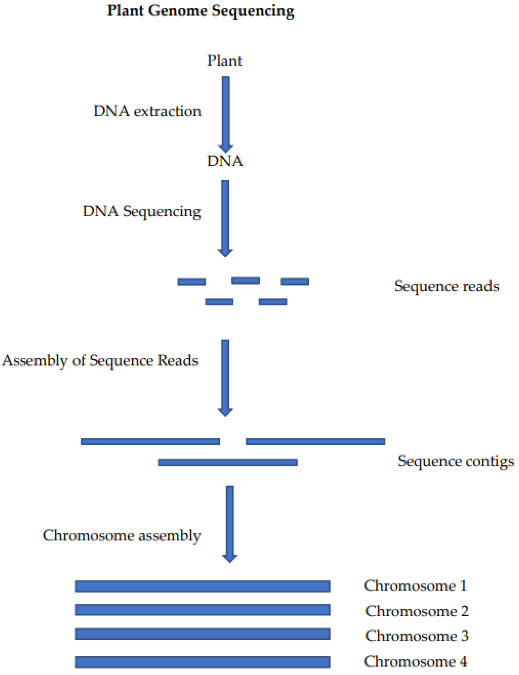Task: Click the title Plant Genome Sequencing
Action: pos(201,11)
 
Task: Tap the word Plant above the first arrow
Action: pos(225,61)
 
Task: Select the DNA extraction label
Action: pos(147,111)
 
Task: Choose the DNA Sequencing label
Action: pos(142,212)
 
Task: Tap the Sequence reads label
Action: pos(447,286)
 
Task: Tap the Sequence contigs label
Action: pos(456,461)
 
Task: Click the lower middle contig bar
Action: pos(228,462)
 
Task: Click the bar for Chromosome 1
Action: pos(203,586)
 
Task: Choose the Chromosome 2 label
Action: pos(417,611)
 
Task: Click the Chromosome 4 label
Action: pos(416,661)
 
